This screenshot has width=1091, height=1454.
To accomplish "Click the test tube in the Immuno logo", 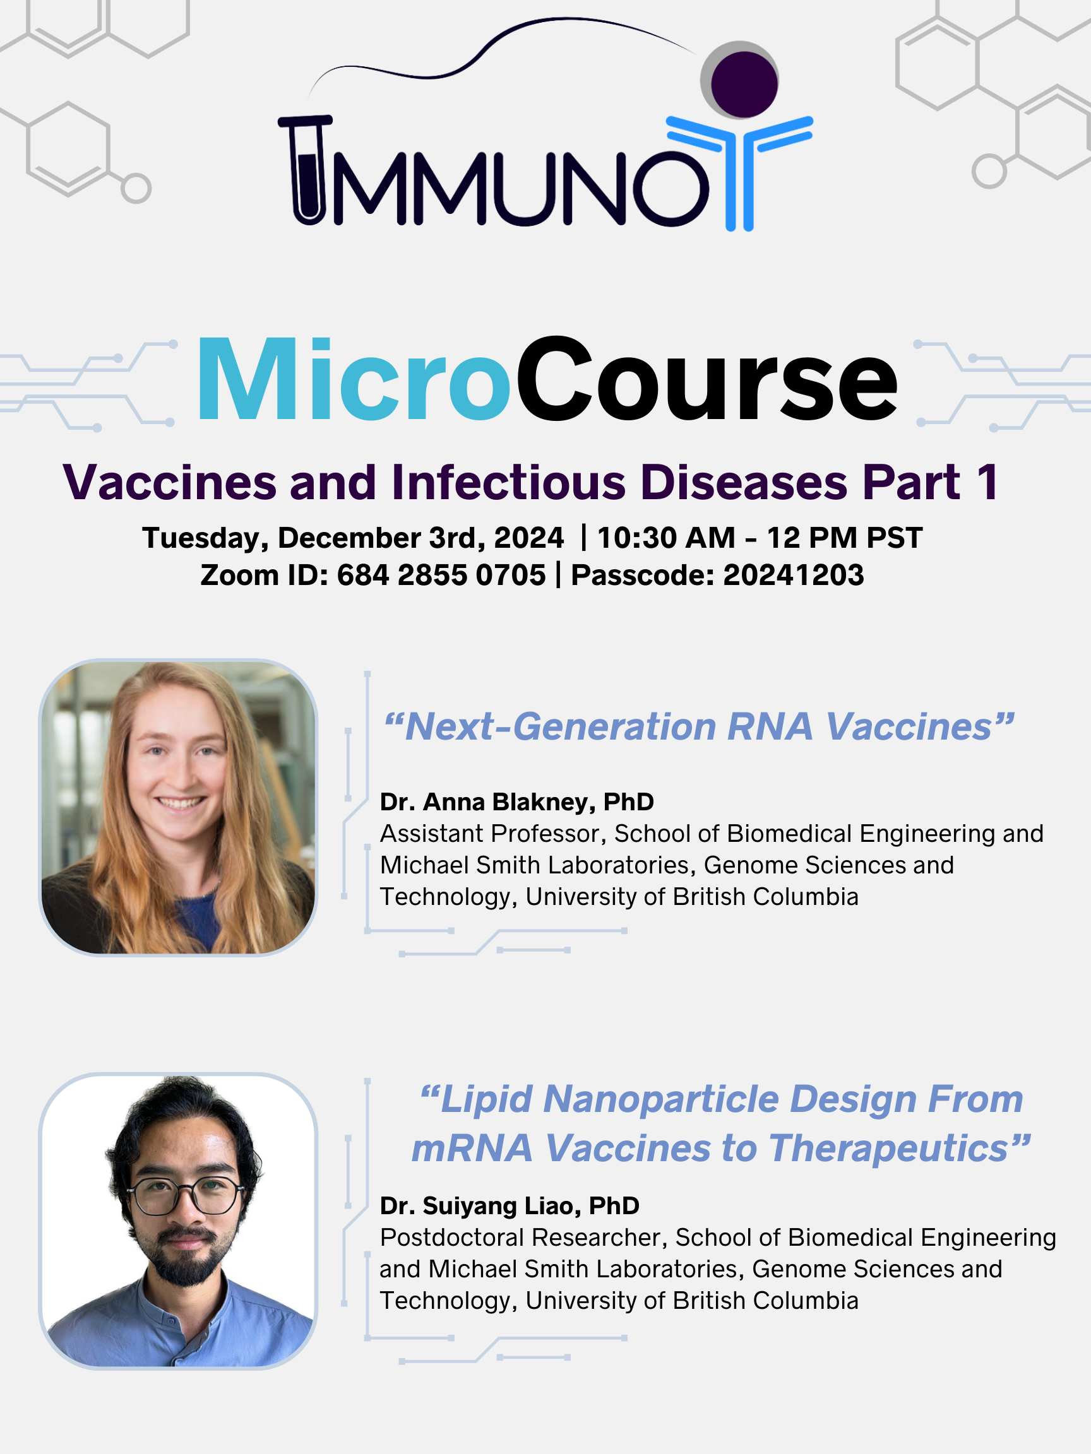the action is click(x=306, y=170).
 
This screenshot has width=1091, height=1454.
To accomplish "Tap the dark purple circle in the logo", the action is click(x=743, y=84).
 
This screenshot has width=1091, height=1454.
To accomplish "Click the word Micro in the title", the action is click(x=354, y=379).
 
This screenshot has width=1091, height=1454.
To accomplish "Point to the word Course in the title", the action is click(x=707, y=379).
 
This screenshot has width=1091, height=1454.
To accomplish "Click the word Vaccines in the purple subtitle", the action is click(x=169, y=483).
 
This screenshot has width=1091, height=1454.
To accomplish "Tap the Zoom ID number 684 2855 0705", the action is click(x=441, y=575).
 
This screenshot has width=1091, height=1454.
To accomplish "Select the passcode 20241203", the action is click(x=794, y=575).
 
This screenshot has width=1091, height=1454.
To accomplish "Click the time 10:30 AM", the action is click(x=666, y=538).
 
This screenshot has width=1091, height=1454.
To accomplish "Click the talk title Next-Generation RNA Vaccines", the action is click(x=698, y=727).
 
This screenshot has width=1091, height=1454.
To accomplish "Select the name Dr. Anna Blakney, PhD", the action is click(x=517, y=802).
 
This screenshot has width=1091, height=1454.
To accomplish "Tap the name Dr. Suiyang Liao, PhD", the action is click(x=510, y=1206).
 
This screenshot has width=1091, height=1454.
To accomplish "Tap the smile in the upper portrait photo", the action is click(x=179, y=803).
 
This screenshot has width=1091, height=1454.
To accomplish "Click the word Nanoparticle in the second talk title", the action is click(x=662, y=1099).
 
